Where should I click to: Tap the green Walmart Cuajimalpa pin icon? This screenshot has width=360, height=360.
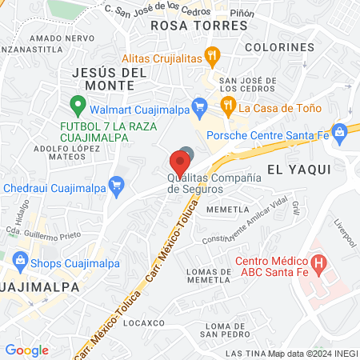78,103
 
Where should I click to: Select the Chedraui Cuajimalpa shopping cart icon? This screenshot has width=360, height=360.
116,186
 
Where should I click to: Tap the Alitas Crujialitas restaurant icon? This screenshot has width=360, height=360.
212,56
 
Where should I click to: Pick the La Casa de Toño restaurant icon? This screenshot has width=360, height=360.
228,105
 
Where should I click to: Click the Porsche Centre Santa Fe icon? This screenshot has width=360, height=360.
339,131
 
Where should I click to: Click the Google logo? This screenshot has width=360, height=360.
26,350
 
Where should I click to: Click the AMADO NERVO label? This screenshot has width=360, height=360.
55,38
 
